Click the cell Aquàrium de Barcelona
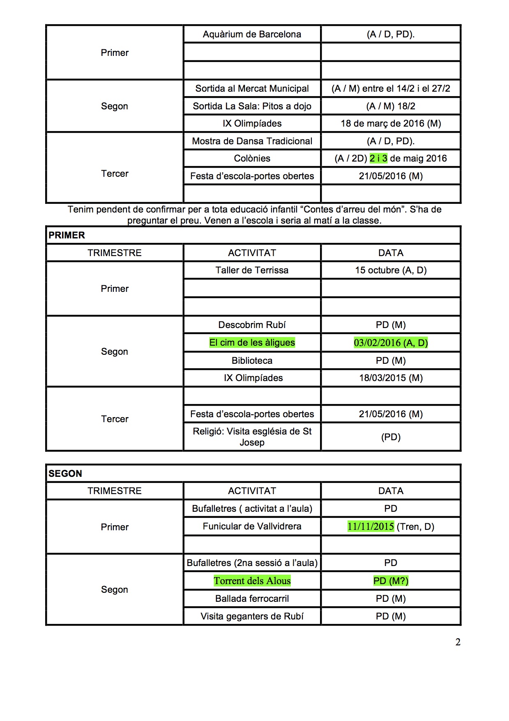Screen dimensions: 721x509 click(252, 34)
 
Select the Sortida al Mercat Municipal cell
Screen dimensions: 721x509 click(252, 88)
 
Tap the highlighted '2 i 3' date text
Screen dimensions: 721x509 click(378, 158)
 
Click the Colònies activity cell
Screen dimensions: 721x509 click(252, 158)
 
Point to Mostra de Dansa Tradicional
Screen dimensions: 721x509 click(252, 141)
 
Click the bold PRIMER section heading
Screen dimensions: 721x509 click(67, 235)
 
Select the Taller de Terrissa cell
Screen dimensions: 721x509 click(252, 270)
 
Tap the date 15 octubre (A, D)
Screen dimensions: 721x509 click(391, 270)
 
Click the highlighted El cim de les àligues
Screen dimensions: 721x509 click(252, 342)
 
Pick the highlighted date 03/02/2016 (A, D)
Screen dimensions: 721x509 click(391, 342)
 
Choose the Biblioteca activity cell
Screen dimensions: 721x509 click(252, 360)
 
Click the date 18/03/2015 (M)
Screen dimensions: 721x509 click(391, 378)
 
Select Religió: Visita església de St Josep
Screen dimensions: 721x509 click(252, 437)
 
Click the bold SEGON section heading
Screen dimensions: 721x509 click(65, 474)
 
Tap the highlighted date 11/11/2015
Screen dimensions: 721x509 click(371, 526)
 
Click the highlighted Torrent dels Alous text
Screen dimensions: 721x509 click(252, 581)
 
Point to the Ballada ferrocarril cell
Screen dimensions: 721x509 click(252, 599)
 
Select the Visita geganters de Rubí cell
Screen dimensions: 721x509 click(252, 616)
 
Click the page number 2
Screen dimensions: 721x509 click(458, 642)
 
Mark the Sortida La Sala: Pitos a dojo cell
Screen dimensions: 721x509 click(252, 106)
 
